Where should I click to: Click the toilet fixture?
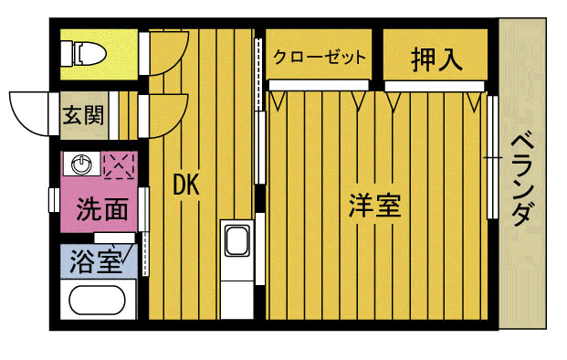click(x=83, y=53)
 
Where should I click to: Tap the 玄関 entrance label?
click(x=82, y=115)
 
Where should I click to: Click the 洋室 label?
click(x=374, y=206)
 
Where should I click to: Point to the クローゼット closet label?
click(x=320, y=58)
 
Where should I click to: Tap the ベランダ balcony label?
click(x=521, y=179)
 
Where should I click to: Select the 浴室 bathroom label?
click(x=96, y=263)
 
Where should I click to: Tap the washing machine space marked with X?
click(x=119, y=165)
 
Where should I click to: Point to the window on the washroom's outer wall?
click(x=53, y=199)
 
